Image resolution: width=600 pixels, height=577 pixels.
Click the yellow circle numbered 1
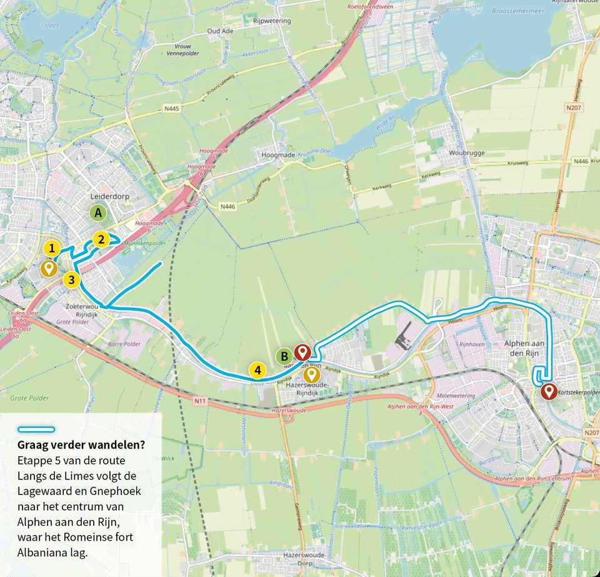(x=52, y=248)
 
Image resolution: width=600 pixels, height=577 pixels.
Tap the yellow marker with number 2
(x=101, y=239)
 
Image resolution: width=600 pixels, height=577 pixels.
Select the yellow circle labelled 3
(x=72, y=280)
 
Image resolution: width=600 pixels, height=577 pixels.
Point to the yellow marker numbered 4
(x=257, y=370)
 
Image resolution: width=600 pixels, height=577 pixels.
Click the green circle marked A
(x=97, y=213)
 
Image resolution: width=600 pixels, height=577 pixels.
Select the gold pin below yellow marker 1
(x=47, y=268)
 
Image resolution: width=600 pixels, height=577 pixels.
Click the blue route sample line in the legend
(x=36, y=430)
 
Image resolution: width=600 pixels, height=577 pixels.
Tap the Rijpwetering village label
(x=272, y=21)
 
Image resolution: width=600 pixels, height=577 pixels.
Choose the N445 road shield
(x=171, y=109)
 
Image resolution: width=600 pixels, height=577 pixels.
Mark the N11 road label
(x=200, y=401)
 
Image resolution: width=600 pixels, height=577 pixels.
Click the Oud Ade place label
(x=220, y=31)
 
